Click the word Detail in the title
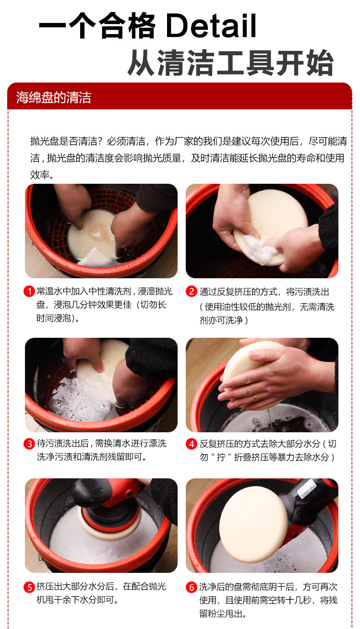[x=211, y=25]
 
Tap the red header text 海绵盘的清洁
[x=53, y=97]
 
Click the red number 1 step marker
[x=29, y=291]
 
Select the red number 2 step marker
[x=192, y=291]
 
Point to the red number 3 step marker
[x=29, y=444]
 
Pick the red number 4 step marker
[x=192, y=444]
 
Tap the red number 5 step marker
[x=29, y=587]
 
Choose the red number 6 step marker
[x=192, y=587]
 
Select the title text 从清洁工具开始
[x=230, y=62]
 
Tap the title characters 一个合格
[x=97, y=25]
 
